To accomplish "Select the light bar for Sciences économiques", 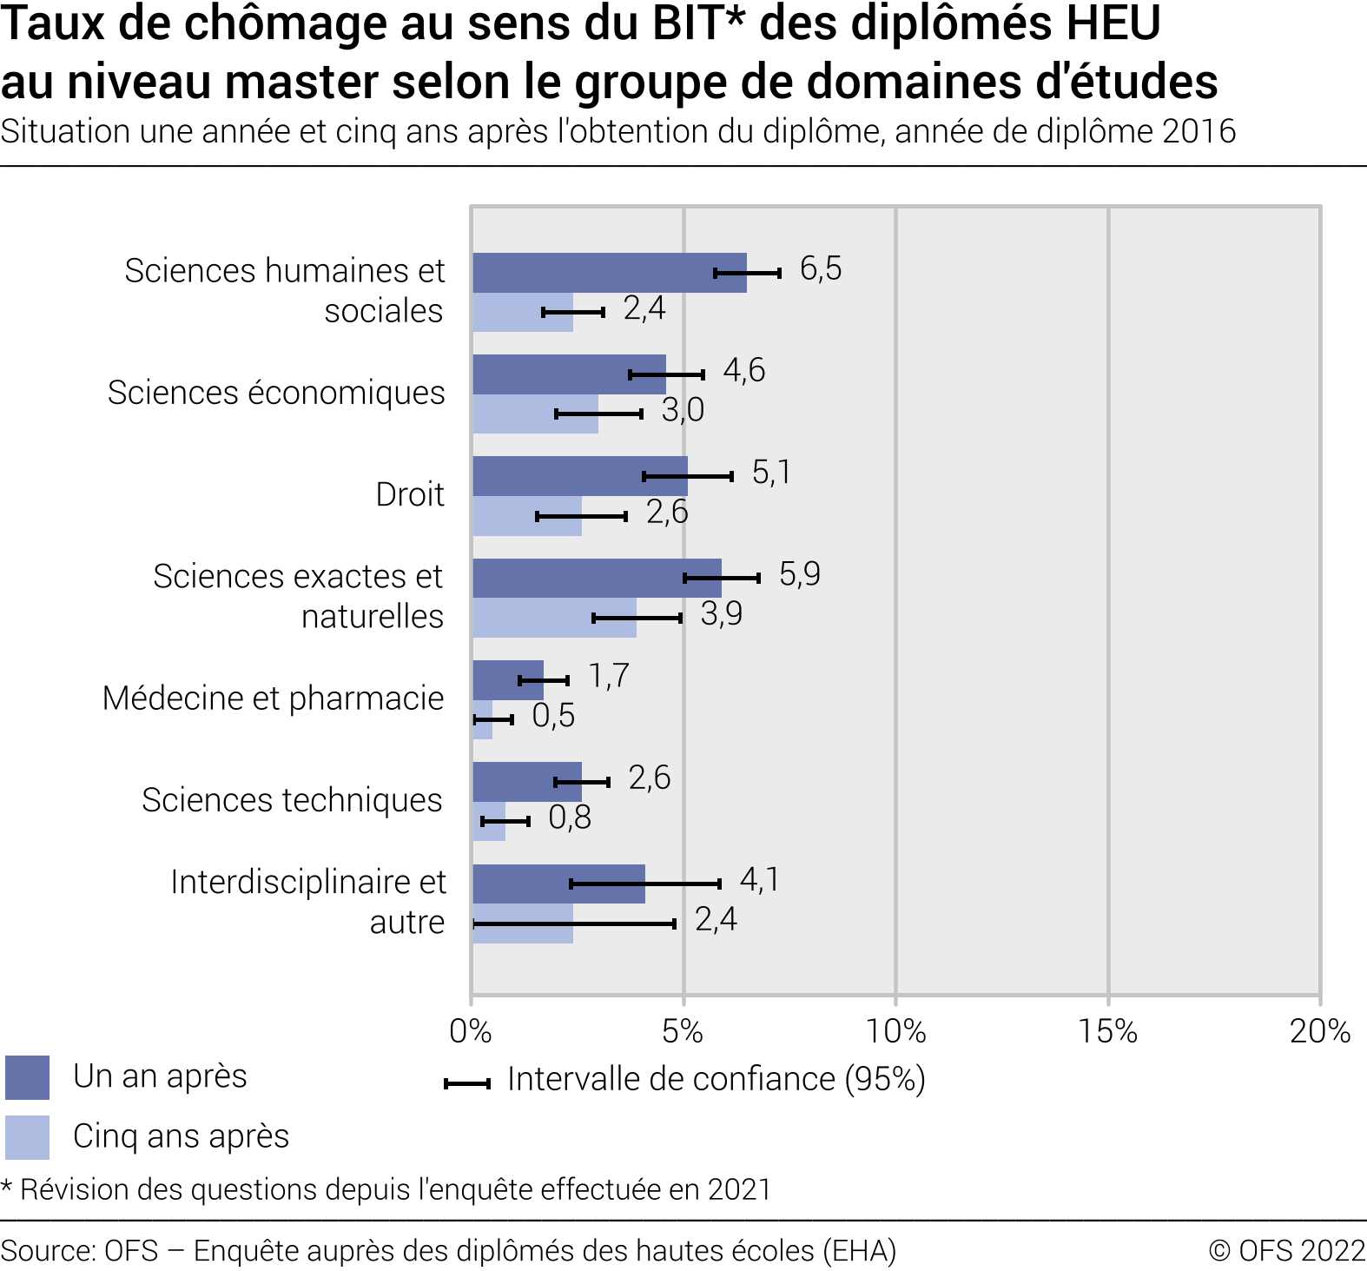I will tap(535, 414).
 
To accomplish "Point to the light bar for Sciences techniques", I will tap(489, 821).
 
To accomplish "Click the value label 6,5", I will tap(820, 268).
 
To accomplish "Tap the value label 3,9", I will tap(721, 613).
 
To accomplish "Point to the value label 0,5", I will tap(553, 715).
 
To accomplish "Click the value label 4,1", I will tap(759, 879).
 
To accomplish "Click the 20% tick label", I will tap(1319, 1031).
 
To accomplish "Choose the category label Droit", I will tap(410, 494).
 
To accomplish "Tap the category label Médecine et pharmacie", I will tap(273, 698).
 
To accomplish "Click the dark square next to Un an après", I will tap(27, 1077).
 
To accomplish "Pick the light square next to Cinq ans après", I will tap(27, 1137).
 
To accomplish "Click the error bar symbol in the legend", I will tap(467, 1082).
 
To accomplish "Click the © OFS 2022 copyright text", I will tap(1287, 1250).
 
